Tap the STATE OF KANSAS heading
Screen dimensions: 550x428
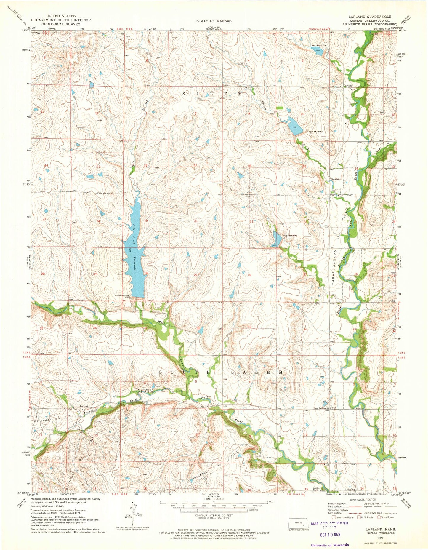tap(214, 21)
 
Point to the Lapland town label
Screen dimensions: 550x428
tap(348, 86)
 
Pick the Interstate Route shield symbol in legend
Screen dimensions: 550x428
tap(334, 517)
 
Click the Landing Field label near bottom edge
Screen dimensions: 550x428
tap(317, 489)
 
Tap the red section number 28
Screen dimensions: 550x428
tap(249, 275)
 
